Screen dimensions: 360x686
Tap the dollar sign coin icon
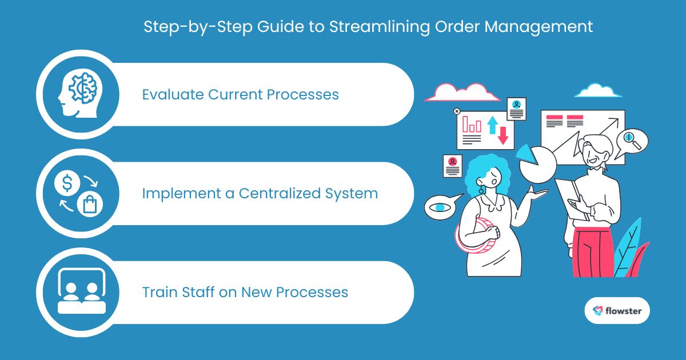click(x=67, y=183)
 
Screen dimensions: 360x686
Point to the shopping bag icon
click(x=90, y=204)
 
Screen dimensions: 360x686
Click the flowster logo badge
click(x=617, y=311)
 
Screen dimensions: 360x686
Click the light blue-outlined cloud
click(x=597, y=91)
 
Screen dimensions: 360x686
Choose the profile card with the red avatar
click(x=452, y=166)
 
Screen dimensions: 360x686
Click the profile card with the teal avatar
click(x=516, y=109)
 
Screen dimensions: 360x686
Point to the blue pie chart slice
click(x=526, y=151)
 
